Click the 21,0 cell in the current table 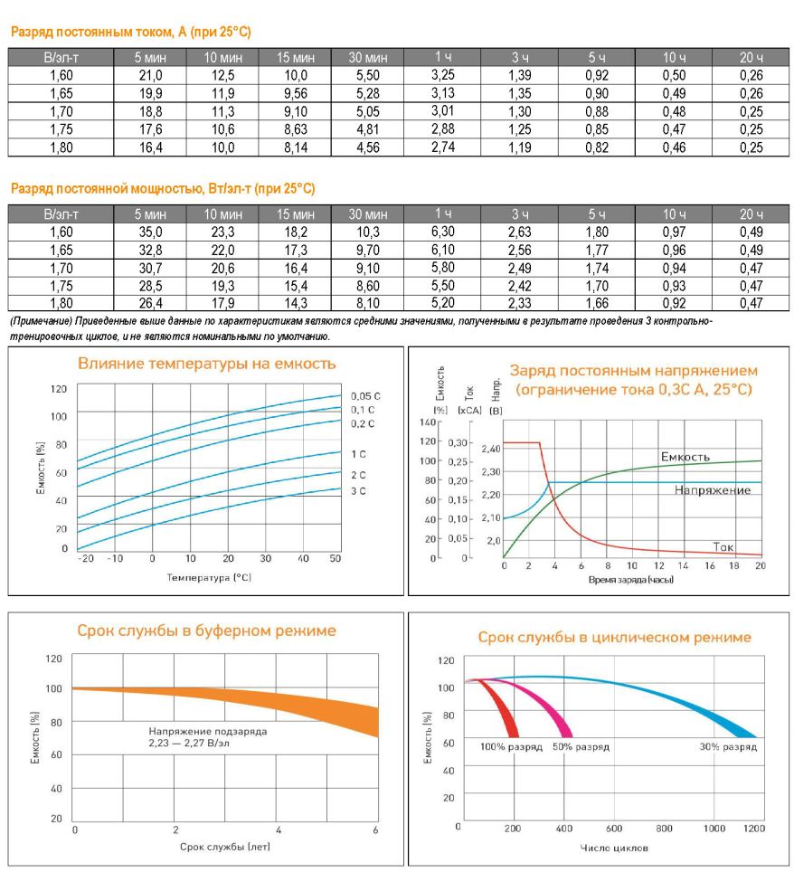tap(150, 76)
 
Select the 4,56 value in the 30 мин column tap(367, 148)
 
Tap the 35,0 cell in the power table tap(150, 232)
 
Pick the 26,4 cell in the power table tap(150, 304)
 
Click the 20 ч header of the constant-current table tap(751, 57)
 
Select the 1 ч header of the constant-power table tap(443, 213)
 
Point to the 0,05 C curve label tap(365, 396)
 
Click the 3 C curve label tap(359, 491)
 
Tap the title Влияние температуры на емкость tap(207, 364)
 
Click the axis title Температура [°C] tap(209, 578)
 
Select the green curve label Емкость tap(685, 457)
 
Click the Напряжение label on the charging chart tap(713, 490)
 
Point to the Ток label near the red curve tap(723, 547)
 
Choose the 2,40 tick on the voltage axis tap(491, 449)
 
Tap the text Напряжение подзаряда tap(207, 731)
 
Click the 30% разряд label tap(728, 747)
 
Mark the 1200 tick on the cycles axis tap(754, 829)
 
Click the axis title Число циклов tap(614, 848)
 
